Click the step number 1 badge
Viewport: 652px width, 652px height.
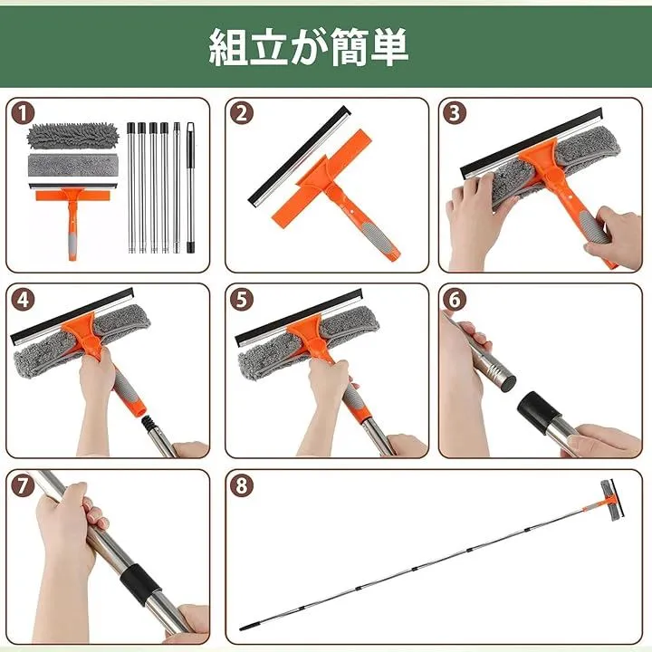[x=23, y=113]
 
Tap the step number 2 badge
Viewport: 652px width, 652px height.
[x=242, y=113]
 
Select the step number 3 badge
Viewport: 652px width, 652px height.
[x=455, y=113]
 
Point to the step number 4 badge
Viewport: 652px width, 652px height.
[x=23, y=300]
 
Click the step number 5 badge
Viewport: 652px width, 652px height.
[x=242, y=300]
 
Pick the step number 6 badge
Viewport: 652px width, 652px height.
[x=455, y=300]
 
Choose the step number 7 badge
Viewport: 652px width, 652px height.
[x=23, y=485]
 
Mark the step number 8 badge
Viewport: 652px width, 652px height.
[x=242, y=485]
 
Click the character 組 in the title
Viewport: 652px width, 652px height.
[x=228, y=46]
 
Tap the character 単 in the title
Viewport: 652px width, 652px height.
[x=388, y=46]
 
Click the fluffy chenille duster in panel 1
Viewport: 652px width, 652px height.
[x=72, y=136]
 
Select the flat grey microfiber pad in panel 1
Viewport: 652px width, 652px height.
[x=72, y=167]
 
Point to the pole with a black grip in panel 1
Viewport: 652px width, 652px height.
[x=190, y=187]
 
